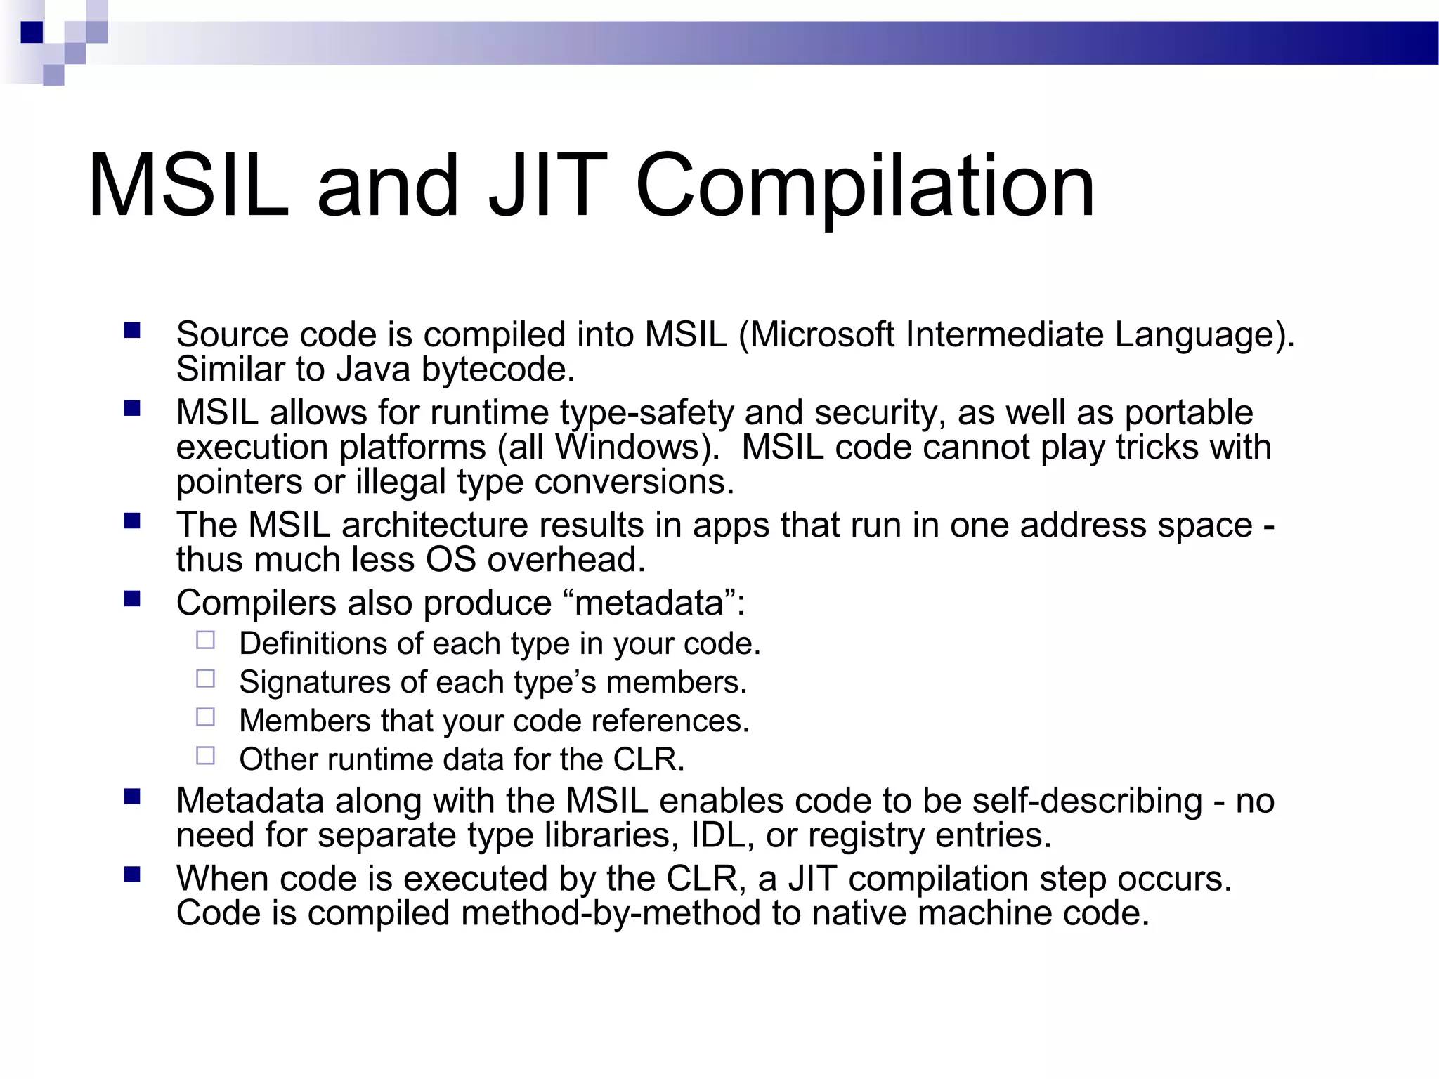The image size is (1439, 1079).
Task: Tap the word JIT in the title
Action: click(x=548, y=186)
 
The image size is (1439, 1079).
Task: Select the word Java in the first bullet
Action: click(x=373, y=370)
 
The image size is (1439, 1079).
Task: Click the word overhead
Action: click(x=566, y=561)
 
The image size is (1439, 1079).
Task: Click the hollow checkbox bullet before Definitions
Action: click(x=206, y=640)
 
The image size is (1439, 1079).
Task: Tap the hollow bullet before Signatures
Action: click(x=206, y=679)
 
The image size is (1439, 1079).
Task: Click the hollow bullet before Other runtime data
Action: click(x=206, y=756)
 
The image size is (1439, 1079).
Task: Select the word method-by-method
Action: click(x=611, y=914)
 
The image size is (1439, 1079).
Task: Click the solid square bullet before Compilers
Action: click(x=132, y=599)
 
